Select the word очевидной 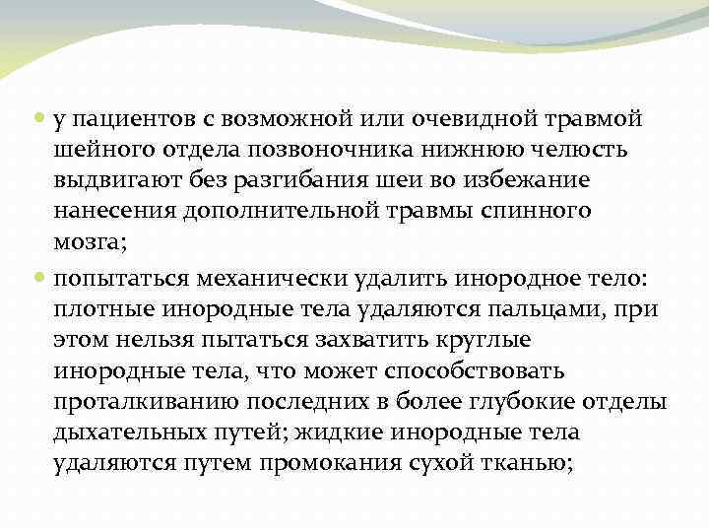pyautogui.click(x=469, y=119)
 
